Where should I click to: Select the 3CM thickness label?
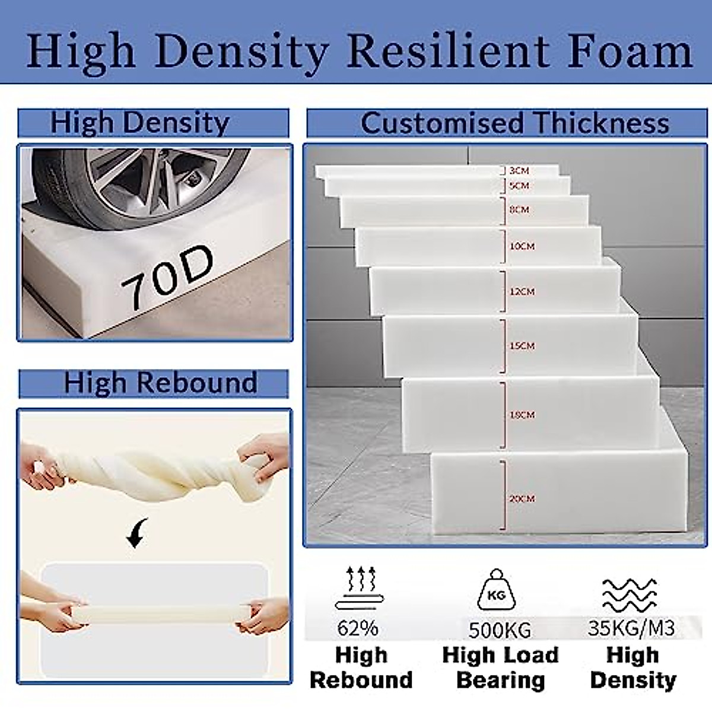[519, 171]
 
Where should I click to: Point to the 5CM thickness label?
[519, 186]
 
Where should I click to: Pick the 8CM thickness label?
[519, 209]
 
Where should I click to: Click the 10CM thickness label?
[522, 246]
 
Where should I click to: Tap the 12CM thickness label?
[522, 291]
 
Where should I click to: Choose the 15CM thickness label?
[522, 345]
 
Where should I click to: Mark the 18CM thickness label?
[522, 415]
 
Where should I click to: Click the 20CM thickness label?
[522, 498]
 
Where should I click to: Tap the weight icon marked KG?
[496, 590]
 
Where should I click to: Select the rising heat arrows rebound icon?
[360, 587]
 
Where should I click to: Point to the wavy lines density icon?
[630, 595]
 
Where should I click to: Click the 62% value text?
[358, 628]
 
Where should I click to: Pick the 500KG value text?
[500, 630]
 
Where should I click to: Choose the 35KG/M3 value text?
[631, 628]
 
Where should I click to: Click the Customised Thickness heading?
[514, 123]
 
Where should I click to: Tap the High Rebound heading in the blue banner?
[160, 383]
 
